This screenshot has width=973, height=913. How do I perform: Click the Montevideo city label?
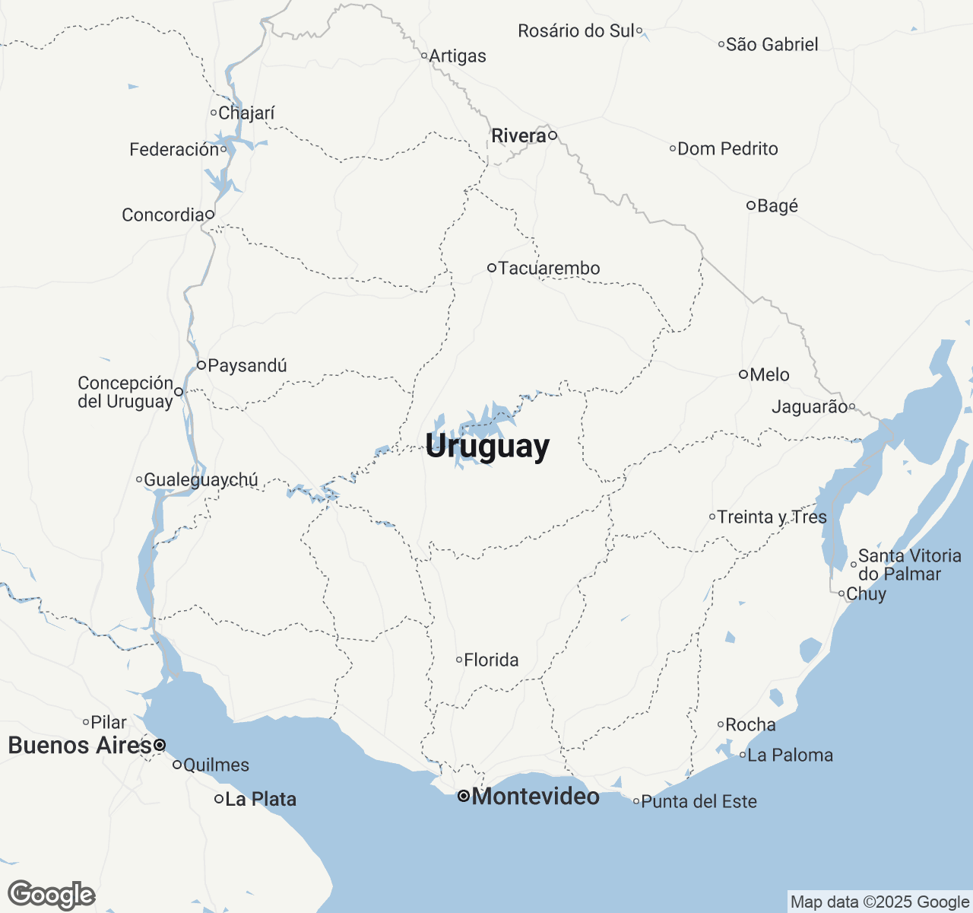[535, 797]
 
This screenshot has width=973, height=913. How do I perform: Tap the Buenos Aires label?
[80, 745]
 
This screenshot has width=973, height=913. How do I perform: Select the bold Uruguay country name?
[487, 446]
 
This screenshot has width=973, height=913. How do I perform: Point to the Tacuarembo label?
[549, 268]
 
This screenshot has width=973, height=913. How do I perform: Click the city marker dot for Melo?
[743, 374]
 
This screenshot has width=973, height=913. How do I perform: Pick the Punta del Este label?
[699, 801]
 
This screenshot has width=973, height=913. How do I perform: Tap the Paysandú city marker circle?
[201, 365]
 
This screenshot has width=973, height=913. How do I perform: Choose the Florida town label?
[491, 660]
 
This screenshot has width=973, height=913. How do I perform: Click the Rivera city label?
[518, 135]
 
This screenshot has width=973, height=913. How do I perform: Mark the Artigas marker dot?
[424, 56]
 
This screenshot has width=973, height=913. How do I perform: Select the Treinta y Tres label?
[772, 517]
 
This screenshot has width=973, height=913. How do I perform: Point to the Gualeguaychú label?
[201, 479]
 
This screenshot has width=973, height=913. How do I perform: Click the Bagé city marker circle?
[750, 205]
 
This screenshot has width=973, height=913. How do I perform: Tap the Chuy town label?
[866, 593]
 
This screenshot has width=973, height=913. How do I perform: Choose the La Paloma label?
[790, 755]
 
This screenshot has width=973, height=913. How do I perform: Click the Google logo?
[52, 895]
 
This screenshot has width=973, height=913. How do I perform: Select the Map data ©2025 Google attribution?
[880, 902]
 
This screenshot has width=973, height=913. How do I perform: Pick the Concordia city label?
[163, 215]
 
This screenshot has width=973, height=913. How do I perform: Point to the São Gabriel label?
[772, 44]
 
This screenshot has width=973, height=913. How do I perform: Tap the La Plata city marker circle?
[219, 799]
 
